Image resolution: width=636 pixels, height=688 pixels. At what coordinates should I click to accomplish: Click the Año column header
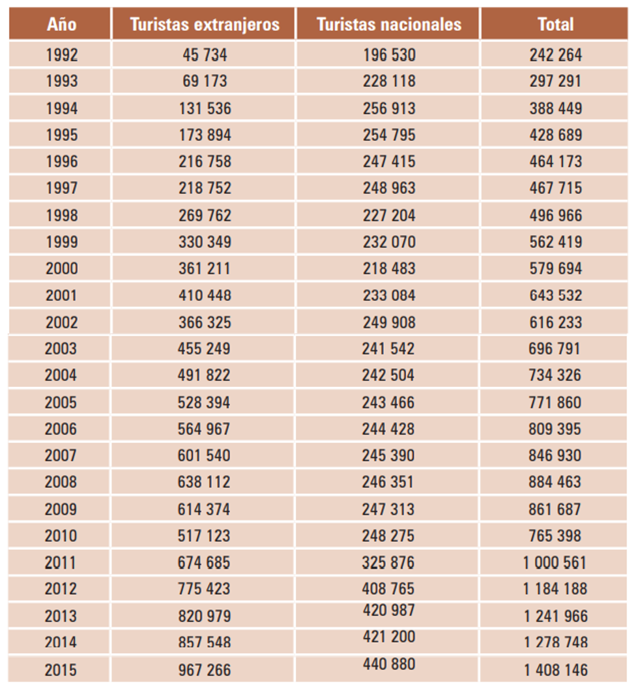pyautogui.click(x=61, y=25)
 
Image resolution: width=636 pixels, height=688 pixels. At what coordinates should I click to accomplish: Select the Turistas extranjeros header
pyautogui.click(x=205, y=25)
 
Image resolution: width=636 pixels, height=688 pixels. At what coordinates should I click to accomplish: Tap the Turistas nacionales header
pyautogui.click(x=388, y=25)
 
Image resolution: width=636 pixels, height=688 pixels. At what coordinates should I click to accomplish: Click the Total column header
pyautogui.click(x=555, y=25)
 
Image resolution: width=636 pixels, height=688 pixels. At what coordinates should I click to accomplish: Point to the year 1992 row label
pyautogui.click(x=61, y=55)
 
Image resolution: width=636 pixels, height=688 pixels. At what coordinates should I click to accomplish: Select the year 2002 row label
pyautogui.click(x=61, y=322)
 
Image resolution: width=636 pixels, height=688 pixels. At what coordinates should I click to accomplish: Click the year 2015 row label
pyautogui.click(x=61, y=669)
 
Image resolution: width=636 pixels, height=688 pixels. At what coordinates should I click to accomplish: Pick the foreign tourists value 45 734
pyautogui.click(x=205, y=55)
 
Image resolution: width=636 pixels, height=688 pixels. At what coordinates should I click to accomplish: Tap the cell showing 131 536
pyautogui.click(x=205, y=109)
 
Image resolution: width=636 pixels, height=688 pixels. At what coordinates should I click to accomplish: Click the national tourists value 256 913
pyautogui.click(x=389, y=109)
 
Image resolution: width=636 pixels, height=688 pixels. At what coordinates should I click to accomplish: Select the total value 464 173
pyautogui.click(x=556, y=162)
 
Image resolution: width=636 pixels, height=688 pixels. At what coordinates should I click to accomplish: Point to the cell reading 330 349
pyautogui.click(x=205, y=242)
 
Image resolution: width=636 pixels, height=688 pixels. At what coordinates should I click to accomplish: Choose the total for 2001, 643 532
pyautogui.click(x=556, y=296)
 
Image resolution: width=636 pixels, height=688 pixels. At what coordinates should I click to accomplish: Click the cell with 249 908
pyautogui.click(x=389, y=322)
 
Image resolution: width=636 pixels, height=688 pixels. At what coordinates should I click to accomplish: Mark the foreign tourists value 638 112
pyautogui.click(x=204, y=482)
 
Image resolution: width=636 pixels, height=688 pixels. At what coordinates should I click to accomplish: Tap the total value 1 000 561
pyautogui.click(x=555, y=562)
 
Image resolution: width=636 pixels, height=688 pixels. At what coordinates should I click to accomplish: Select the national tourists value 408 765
pyautogui.click(x=388, y=589)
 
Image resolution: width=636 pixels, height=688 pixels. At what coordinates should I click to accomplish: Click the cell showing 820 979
pyautogui.click(x=204, y=616)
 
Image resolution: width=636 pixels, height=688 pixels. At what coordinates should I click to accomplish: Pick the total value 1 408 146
pyautogui.click(x=555, y=669)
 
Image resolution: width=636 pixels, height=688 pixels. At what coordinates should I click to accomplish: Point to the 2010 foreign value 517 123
pyautogui.click(x=204, y=536)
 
